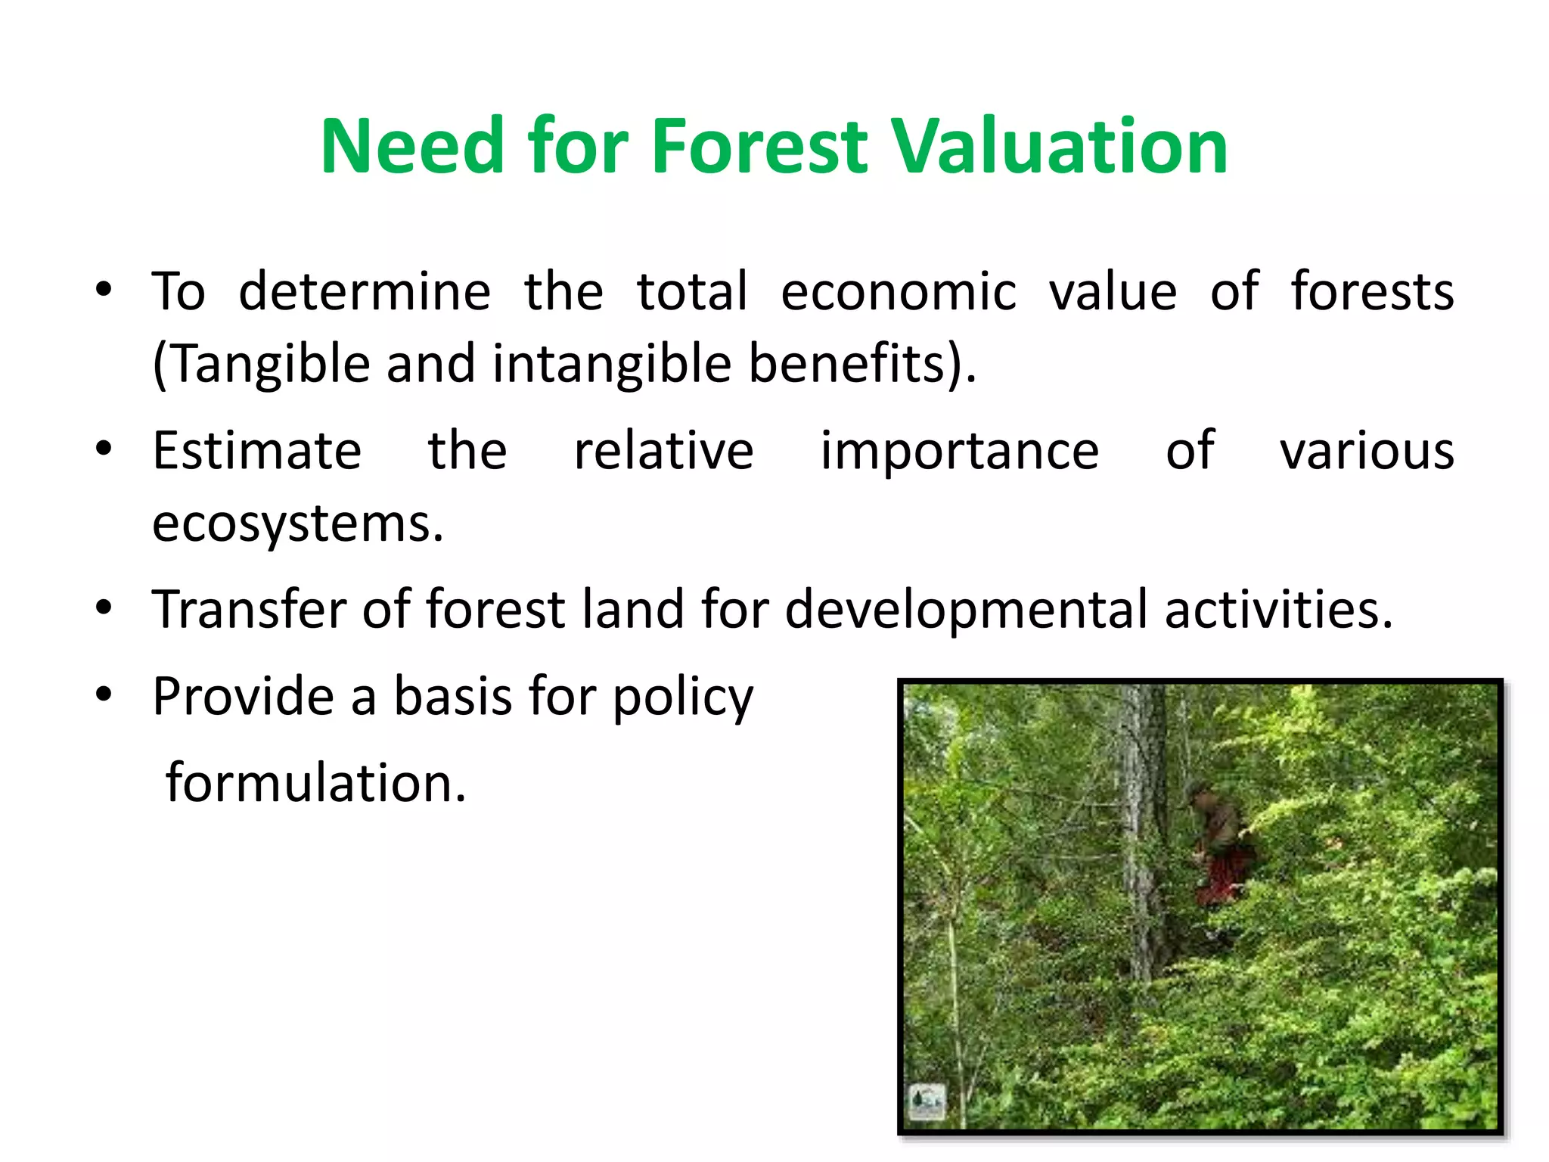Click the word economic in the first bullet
click(898, 291)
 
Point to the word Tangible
click(269, 364)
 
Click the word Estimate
click(257, 451)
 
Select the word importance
click(959, 451)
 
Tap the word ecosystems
click(296, 524)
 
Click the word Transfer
click(250, 610)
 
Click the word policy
click(682, 698)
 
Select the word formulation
click(315, 783)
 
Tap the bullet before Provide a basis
click(104, 694)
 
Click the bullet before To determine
click(104, 290)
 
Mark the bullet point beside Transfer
click(104, 607)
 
